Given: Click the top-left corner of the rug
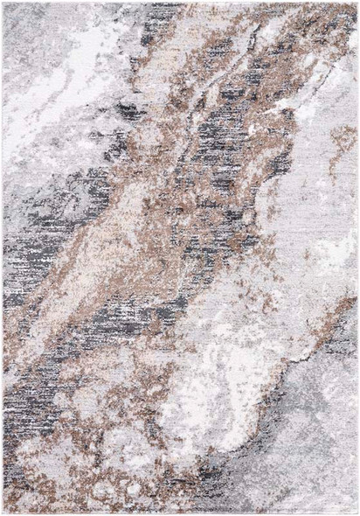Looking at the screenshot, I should coord(3,3).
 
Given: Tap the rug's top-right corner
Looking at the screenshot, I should coord(357,3).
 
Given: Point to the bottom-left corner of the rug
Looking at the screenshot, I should coord(3,513).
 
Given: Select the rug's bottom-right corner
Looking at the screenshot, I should coord(357,513).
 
